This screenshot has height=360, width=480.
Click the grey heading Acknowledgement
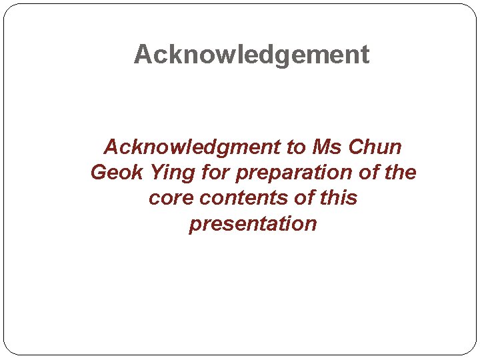click(x=251, y=55)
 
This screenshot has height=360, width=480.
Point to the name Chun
click(x=376, y=147)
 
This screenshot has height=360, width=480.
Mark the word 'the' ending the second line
click(x=400, y=173)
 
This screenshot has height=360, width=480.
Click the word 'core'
click(x=171, y=198)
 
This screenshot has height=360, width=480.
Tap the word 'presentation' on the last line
click(x=253, y=224)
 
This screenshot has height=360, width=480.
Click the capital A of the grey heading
click(x=143, y=55)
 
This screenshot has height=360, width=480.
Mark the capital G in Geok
click(x=99, y=173)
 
